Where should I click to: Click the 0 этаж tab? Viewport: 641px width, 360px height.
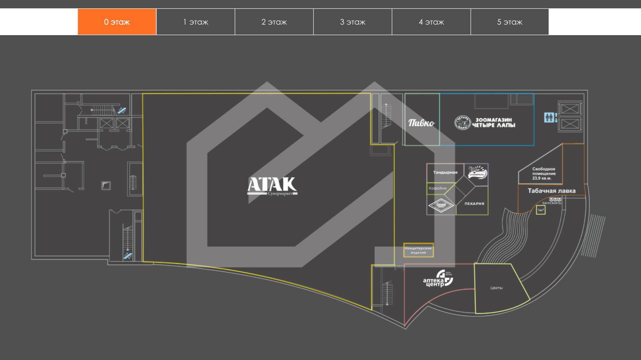[x=117, y=22]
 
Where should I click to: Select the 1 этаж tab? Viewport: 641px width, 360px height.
[x=196, y=22]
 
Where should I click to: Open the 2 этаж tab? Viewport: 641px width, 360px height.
[x=274, y=22]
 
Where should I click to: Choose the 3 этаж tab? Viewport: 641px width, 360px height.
[x=353, y=22]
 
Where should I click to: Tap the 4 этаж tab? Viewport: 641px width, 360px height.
[x=431, y=22]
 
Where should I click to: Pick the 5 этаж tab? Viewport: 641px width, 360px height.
[x=509, y=22]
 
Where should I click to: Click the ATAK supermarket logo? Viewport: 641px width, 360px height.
[x=272, y=186]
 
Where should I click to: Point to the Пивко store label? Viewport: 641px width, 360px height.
[x=421, y=123]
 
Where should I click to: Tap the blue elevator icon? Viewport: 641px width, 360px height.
[x=551, y=118]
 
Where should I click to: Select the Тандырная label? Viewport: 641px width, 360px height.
[x=445, y=173]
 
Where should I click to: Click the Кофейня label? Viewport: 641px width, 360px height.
[x=437, y=188]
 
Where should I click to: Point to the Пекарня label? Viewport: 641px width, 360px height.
[x=474, y=203]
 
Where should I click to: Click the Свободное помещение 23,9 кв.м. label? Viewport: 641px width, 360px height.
[x=544, y=174]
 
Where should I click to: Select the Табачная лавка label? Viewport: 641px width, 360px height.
[x=552, y=191]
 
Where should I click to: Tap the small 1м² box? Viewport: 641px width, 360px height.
[x=541, y=210]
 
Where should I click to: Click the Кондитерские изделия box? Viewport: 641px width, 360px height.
[x=418, y=250]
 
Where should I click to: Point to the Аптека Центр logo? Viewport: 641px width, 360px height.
[x=438, y=279]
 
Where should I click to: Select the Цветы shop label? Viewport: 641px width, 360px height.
[x=496, y=288]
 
